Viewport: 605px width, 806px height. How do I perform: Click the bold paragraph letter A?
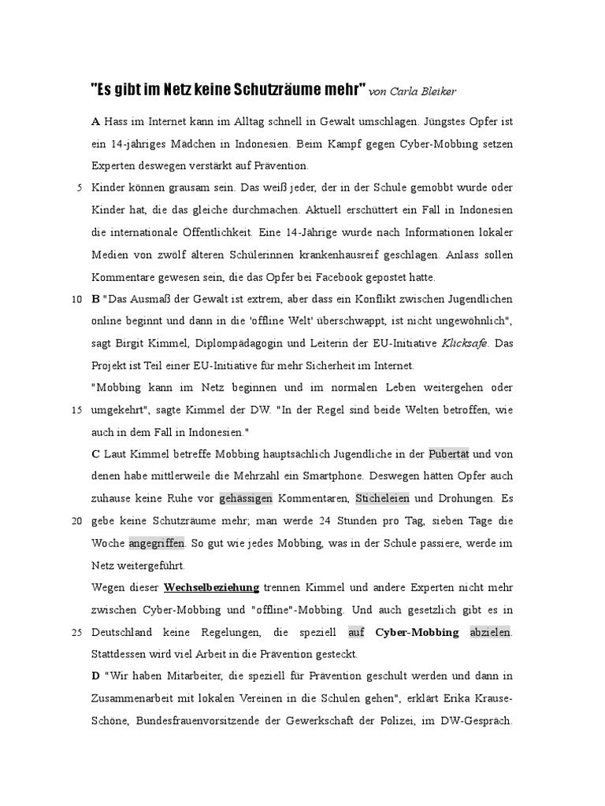(95, 121)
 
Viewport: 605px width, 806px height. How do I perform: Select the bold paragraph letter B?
(95, 299)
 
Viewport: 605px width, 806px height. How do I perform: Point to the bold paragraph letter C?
(95, 454)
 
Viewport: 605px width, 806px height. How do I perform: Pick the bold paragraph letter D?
(95, 676)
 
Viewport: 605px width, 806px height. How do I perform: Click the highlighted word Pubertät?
(449, 454)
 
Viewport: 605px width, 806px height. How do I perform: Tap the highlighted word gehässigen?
(247, 498)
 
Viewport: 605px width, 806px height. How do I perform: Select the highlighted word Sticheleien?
(382, 498)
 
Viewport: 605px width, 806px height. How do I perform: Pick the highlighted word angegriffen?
(157, 543)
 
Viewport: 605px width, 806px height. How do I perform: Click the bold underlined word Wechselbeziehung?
(211, 587)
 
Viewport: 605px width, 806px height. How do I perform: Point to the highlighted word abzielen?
(490, 632)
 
